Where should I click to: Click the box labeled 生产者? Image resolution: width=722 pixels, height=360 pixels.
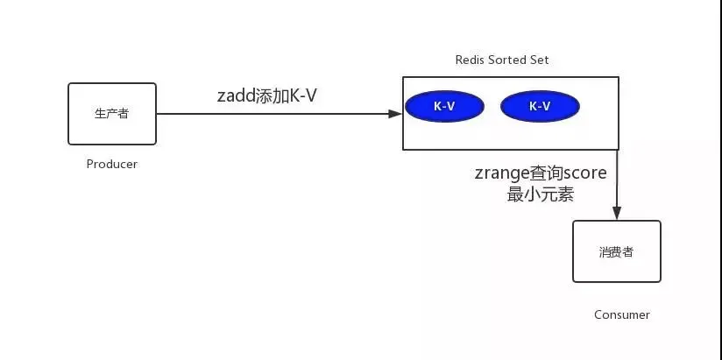[x=112, y=114]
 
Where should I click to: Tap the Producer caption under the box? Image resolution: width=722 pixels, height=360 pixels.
[x=112, y=164]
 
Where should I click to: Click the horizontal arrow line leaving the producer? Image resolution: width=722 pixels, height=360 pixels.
[x=263, y=113]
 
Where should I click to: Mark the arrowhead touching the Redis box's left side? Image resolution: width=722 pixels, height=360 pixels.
[x=396, y=113]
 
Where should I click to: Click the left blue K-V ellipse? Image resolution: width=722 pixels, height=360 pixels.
[x=444, y=106]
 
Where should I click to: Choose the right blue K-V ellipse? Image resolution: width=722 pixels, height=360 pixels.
[x=540, y=106]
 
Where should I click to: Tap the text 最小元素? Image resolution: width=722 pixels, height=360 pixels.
[x=541, y=194]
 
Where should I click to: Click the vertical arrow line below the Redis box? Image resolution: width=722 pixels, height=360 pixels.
[x=617, y=180]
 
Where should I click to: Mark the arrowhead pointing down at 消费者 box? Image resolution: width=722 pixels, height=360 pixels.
[x=617, y=215]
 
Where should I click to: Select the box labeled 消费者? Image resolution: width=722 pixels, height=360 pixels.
[x=617, y=251]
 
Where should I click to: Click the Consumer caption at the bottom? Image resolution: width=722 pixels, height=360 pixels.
[x=622, y=314]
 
